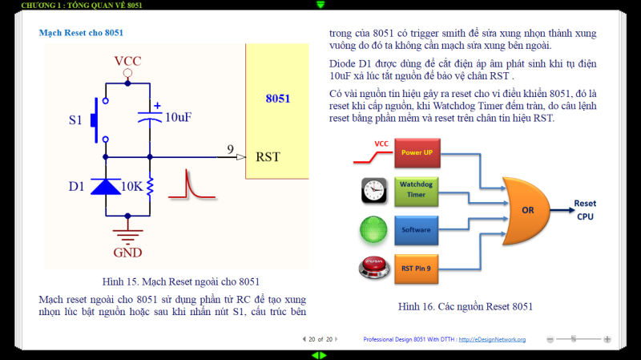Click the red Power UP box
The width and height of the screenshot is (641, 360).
[x=417, y=153]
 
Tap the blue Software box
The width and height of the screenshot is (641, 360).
[x=416, y=230]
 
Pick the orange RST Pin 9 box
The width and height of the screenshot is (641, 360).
[x=416, y=269]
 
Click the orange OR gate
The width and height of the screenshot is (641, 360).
[x=526, y=211]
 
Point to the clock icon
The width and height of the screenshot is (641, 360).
[x=373, y=191]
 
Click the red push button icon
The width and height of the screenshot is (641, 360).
[x=373, y=268]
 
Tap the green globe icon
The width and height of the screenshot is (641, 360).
[x=373, y=230]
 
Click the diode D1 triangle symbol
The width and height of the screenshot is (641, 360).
[x=106, y=187]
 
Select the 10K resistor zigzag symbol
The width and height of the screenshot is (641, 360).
[x=150, y=188]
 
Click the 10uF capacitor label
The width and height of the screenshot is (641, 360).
[x=178, y=117]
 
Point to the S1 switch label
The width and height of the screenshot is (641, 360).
[x=75, y=119]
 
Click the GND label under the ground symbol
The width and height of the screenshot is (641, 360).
[x=127, y=253]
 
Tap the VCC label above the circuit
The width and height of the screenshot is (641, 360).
[x=127, y=61]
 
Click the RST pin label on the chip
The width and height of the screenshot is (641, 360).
[x=268, y=156]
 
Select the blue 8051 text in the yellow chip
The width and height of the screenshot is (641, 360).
[x=278, y=99]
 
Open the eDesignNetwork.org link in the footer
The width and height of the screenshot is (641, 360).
[x=492, y=339]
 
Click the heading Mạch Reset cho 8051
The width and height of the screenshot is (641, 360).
[x=81, y=33]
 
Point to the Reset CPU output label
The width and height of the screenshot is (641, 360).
[x=585, y=210]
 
